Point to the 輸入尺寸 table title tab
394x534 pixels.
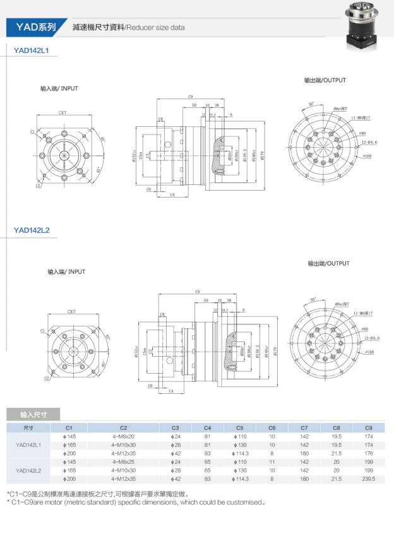33,415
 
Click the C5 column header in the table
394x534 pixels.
239,427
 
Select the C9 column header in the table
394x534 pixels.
369,427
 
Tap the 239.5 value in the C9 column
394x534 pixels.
369,479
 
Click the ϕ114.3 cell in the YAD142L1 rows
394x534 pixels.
239,453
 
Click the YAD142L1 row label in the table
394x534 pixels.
28,444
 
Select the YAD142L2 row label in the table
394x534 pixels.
28,470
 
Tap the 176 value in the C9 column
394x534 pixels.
369,453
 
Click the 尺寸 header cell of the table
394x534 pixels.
28,427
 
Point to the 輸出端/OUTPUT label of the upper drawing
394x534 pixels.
325,80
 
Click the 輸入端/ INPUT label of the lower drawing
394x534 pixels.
66,271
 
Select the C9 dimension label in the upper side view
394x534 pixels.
190,96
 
